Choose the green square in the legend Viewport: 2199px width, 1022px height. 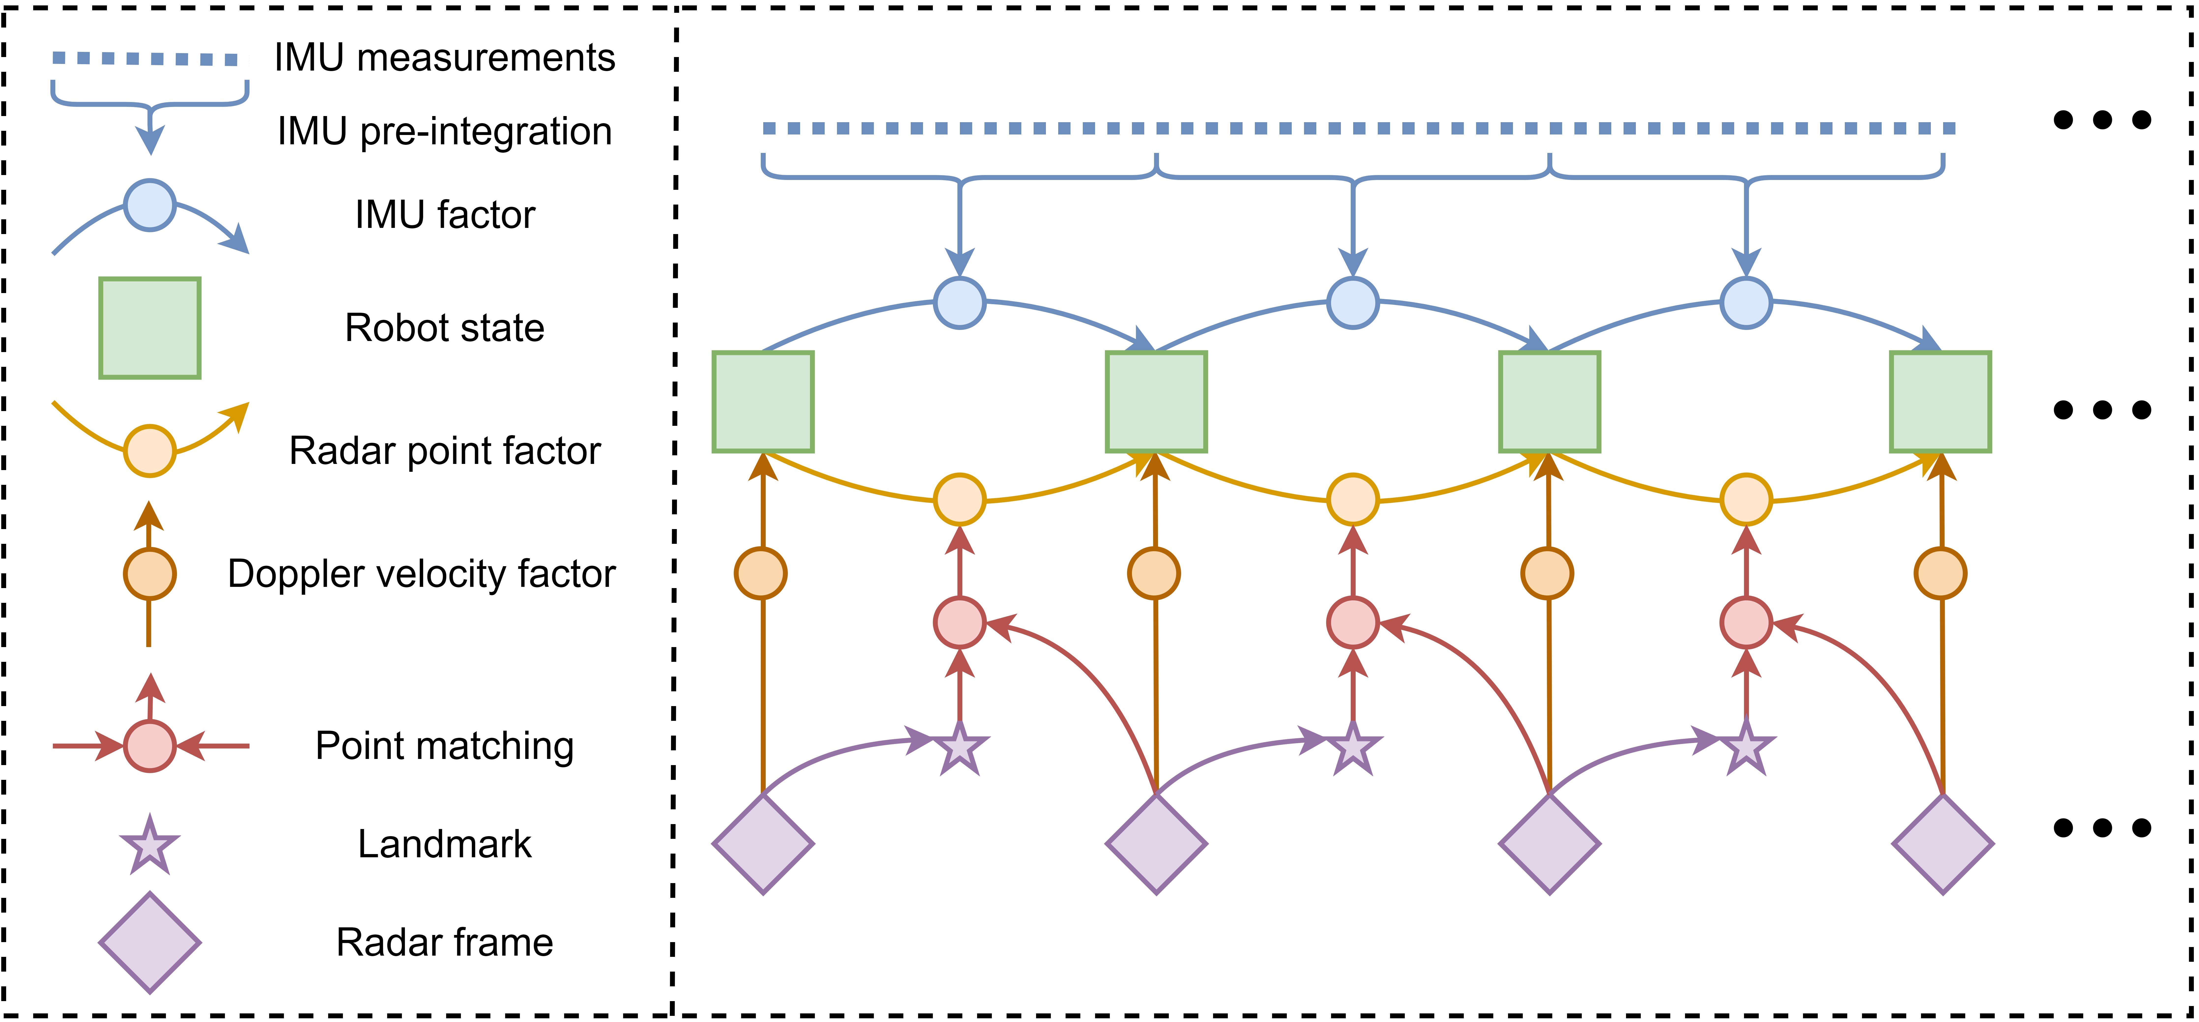(x=150, y=328)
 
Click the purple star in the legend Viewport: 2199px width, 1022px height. (x=150, y=845)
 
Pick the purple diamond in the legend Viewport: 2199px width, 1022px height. (x=150, y=943)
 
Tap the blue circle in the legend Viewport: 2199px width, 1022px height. (x=150, y=205)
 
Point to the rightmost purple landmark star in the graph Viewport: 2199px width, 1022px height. (x=1746, y=749)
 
